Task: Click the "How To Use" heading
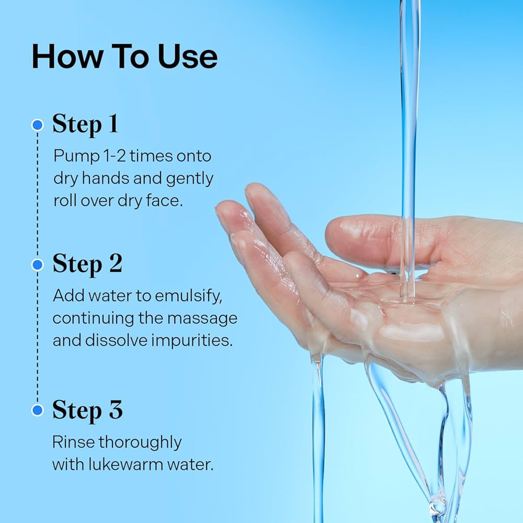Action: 124,56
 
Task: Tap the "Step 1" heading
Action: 85,124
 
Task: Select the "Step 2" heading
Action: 87,264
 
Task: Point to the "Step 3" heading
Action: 87,410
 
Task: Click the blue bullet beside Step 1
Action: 37,125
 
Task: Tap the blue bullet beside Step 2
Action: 37,265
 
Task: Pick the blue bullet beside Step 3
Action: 37,410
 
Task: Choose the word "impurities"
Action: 192,341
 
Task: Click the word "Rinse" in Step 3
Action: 73,442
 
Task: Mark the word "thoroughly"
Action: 140,443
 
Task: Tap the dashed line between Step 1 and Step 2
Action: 37,195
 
